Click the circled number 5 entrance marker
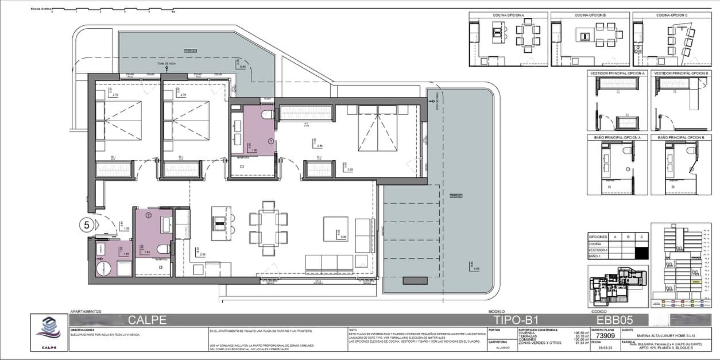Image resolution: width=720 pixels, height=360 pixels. tap(87, 225)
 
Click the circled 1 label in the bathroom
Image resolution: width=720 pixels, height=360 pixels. tap(271, 140)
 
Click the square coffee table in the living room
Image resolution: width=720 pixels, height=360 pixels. tap(335, 229)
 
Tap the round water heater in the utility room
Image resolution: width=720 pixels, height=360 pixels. tap(102, 268)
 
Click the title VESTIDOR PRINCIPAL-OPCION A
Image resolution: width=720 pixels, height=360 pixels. tap(617, 73)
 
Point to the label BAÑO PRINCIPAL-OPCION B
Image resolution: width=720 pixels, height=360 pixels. tap(682, 138)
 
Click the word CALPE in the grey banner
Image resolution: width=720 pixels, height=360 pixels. tap(147, 320)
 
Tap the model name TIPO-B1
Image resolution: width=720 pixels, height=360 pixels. tap(516, 320)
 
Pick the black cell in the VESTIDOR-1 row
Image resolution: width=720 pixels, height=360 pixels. tap(643, 251)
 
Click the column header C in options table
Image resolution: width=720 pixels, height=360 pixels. tap(643, 236)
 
